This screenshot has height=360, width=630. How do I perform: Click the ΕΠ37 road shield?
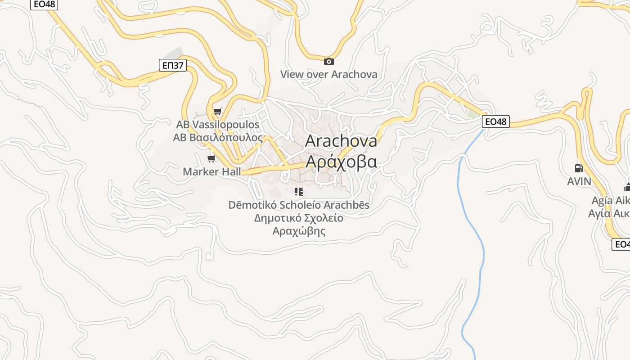pos(173,66)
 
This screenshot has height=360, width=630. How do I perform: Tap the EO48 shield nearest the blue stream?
pos(496,121)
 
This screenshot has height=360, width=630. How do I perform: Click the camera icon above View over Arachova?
pos(329,61)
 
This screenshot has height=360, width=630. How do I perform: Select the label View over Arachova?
pos(329,74)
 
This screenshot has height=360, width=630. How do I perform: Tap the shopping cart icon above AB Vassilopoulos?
pos(218,111)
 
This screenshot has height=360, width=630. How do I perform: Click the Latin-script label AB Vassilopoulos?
pos(218,125)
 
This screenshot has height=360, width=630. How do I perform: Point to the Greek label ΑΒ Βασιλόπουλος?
pos(218,137)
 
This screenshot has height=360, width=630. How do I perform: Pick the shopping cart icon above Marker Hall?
pos(211,158)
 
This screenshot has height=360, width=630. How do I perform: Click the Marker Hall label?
pos(211,171)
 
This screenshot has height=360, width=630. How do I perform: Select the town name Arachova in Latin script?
pos(341,141)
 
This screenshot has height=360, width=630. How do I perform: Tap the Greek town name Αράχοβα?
pos(341,162)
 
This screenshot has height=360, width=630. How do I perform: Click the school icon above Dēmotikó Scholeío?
pos(298,192)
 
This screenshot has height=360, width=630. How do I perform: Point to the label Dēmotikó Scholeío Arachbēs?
pos(299,205)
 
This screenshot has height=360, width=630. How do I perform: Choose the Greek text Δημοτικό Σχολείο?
pos(299,218)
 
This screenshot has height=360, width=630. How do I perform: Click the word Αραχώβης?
pos(299,231)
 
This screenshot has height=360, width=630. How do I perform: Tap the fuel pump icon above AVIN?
pos(579,168)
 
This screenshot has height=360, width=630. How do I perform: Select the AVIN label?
pos(579,181)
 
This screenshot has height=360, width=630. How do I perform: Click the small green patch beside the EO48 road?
pos(472,114)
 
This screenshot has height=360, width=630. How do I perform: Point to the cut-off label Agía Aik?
pos(609,200)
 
